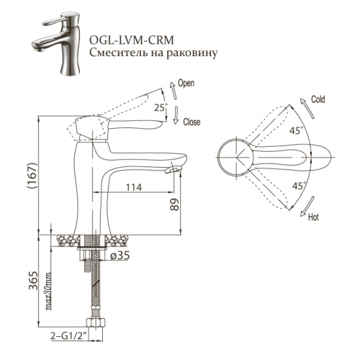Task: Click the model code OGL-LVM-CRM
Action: (132, 40)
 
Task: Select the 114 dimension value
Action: (134, 187)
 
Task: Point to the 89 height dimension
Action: (174, 204)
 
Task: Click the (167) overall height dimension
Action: (32, 176)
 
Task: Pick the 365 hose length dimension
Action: (33, 281)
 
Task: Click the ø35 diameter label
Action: (120, 256)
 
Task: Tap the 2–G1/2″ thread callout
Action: (68, 336)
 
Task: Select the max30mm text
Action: (48, 292)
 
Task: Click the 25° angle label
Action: (161, 107)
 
